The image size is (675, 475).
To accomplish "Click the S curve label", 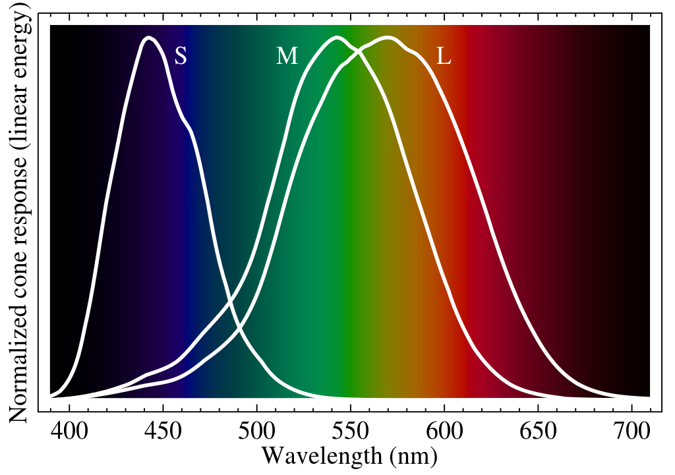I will click(181, 57).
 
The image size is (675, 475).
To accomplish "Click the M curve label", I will click(287, 57).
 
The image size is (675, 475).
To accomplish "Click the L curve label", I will click(444, 57).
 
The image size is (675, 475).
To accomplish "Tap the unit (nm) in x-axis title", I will click(413, 457).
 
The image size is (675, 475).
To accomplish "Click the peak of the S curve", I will click(150, 38).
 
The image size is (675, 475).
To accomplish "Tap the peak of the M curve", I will click(337, 38).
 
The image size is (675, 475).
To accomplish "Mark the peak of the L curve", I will click(389, 38).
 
